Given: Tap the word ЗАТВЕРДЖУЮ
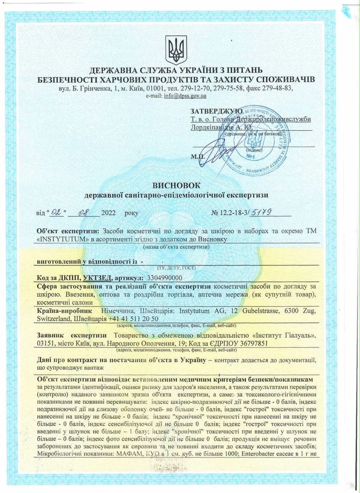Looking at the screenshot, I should tap(216, 111).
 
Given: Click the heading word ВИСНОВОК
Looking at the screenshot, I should tap(176, 185).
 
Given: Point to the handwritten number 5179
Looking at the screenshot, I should tap(261, 212).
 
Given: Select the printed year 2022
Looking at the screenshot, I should tap(108, 213).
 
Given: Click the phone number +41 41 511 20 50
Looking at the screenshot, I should tap(133, 319).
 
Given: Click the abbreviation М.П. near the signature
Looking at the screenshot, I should tap(198, 157).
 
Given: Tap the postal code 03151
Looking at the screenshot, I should tap(45, 343).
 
